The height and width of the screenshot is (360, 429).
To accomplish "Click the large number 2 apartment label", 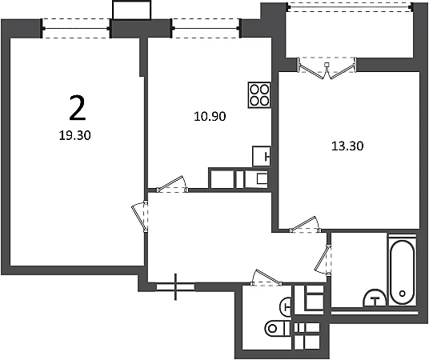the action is tap(78, 108).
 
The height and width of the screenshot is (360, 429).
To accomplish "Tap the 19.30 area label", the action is tap(74, 135).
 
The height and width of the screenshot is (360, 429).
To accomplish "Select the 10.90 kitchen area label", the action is tap(210, 117).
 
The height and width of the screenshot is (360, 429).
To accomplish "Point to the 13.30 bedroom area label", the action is tap(347, 146).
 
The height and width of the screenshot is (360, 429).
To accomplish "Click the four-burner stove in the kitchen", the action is tap(259, 95).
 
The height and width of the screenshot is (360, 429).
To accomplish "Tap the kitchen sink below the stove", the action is tap(261, 156).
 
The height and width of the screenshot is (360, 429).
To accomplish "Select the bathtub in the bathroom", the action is tap(402, 273).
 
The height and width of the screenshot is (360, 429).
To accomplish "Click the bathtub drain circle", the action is tap(402, 294).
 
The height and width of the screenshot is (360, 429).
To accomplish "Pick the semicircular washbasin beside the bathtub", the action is tap(375, 298).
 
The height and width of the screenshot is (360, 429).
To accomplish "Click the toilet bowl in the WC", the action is tap(277, 328).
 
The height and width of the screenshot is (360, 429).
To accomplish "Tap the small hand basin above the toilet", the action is tap(285, 306).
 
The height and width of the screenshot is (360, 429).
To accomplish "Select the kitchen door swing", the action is tap(172, 184).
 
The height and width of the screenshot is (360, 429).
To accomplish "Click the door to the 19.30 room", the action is tap(140, 216).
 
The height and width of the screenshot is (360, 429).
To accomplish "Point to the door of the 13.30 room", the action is tap(305, 225).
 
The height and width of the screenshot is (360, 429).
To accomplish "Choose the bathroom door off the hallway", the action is tap(323, 260).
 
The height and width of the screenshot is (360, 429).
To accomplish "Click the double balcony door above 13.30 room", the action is tap(327, 68).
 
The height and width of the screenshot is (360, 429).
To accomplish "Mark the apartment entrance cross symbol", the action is tap(175, 286).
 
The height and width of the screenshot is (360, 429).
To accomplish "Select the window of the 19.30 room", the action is tap(76, 29).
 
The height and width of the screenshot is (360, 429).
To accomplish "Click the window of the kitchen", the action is tap(206, 28).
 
